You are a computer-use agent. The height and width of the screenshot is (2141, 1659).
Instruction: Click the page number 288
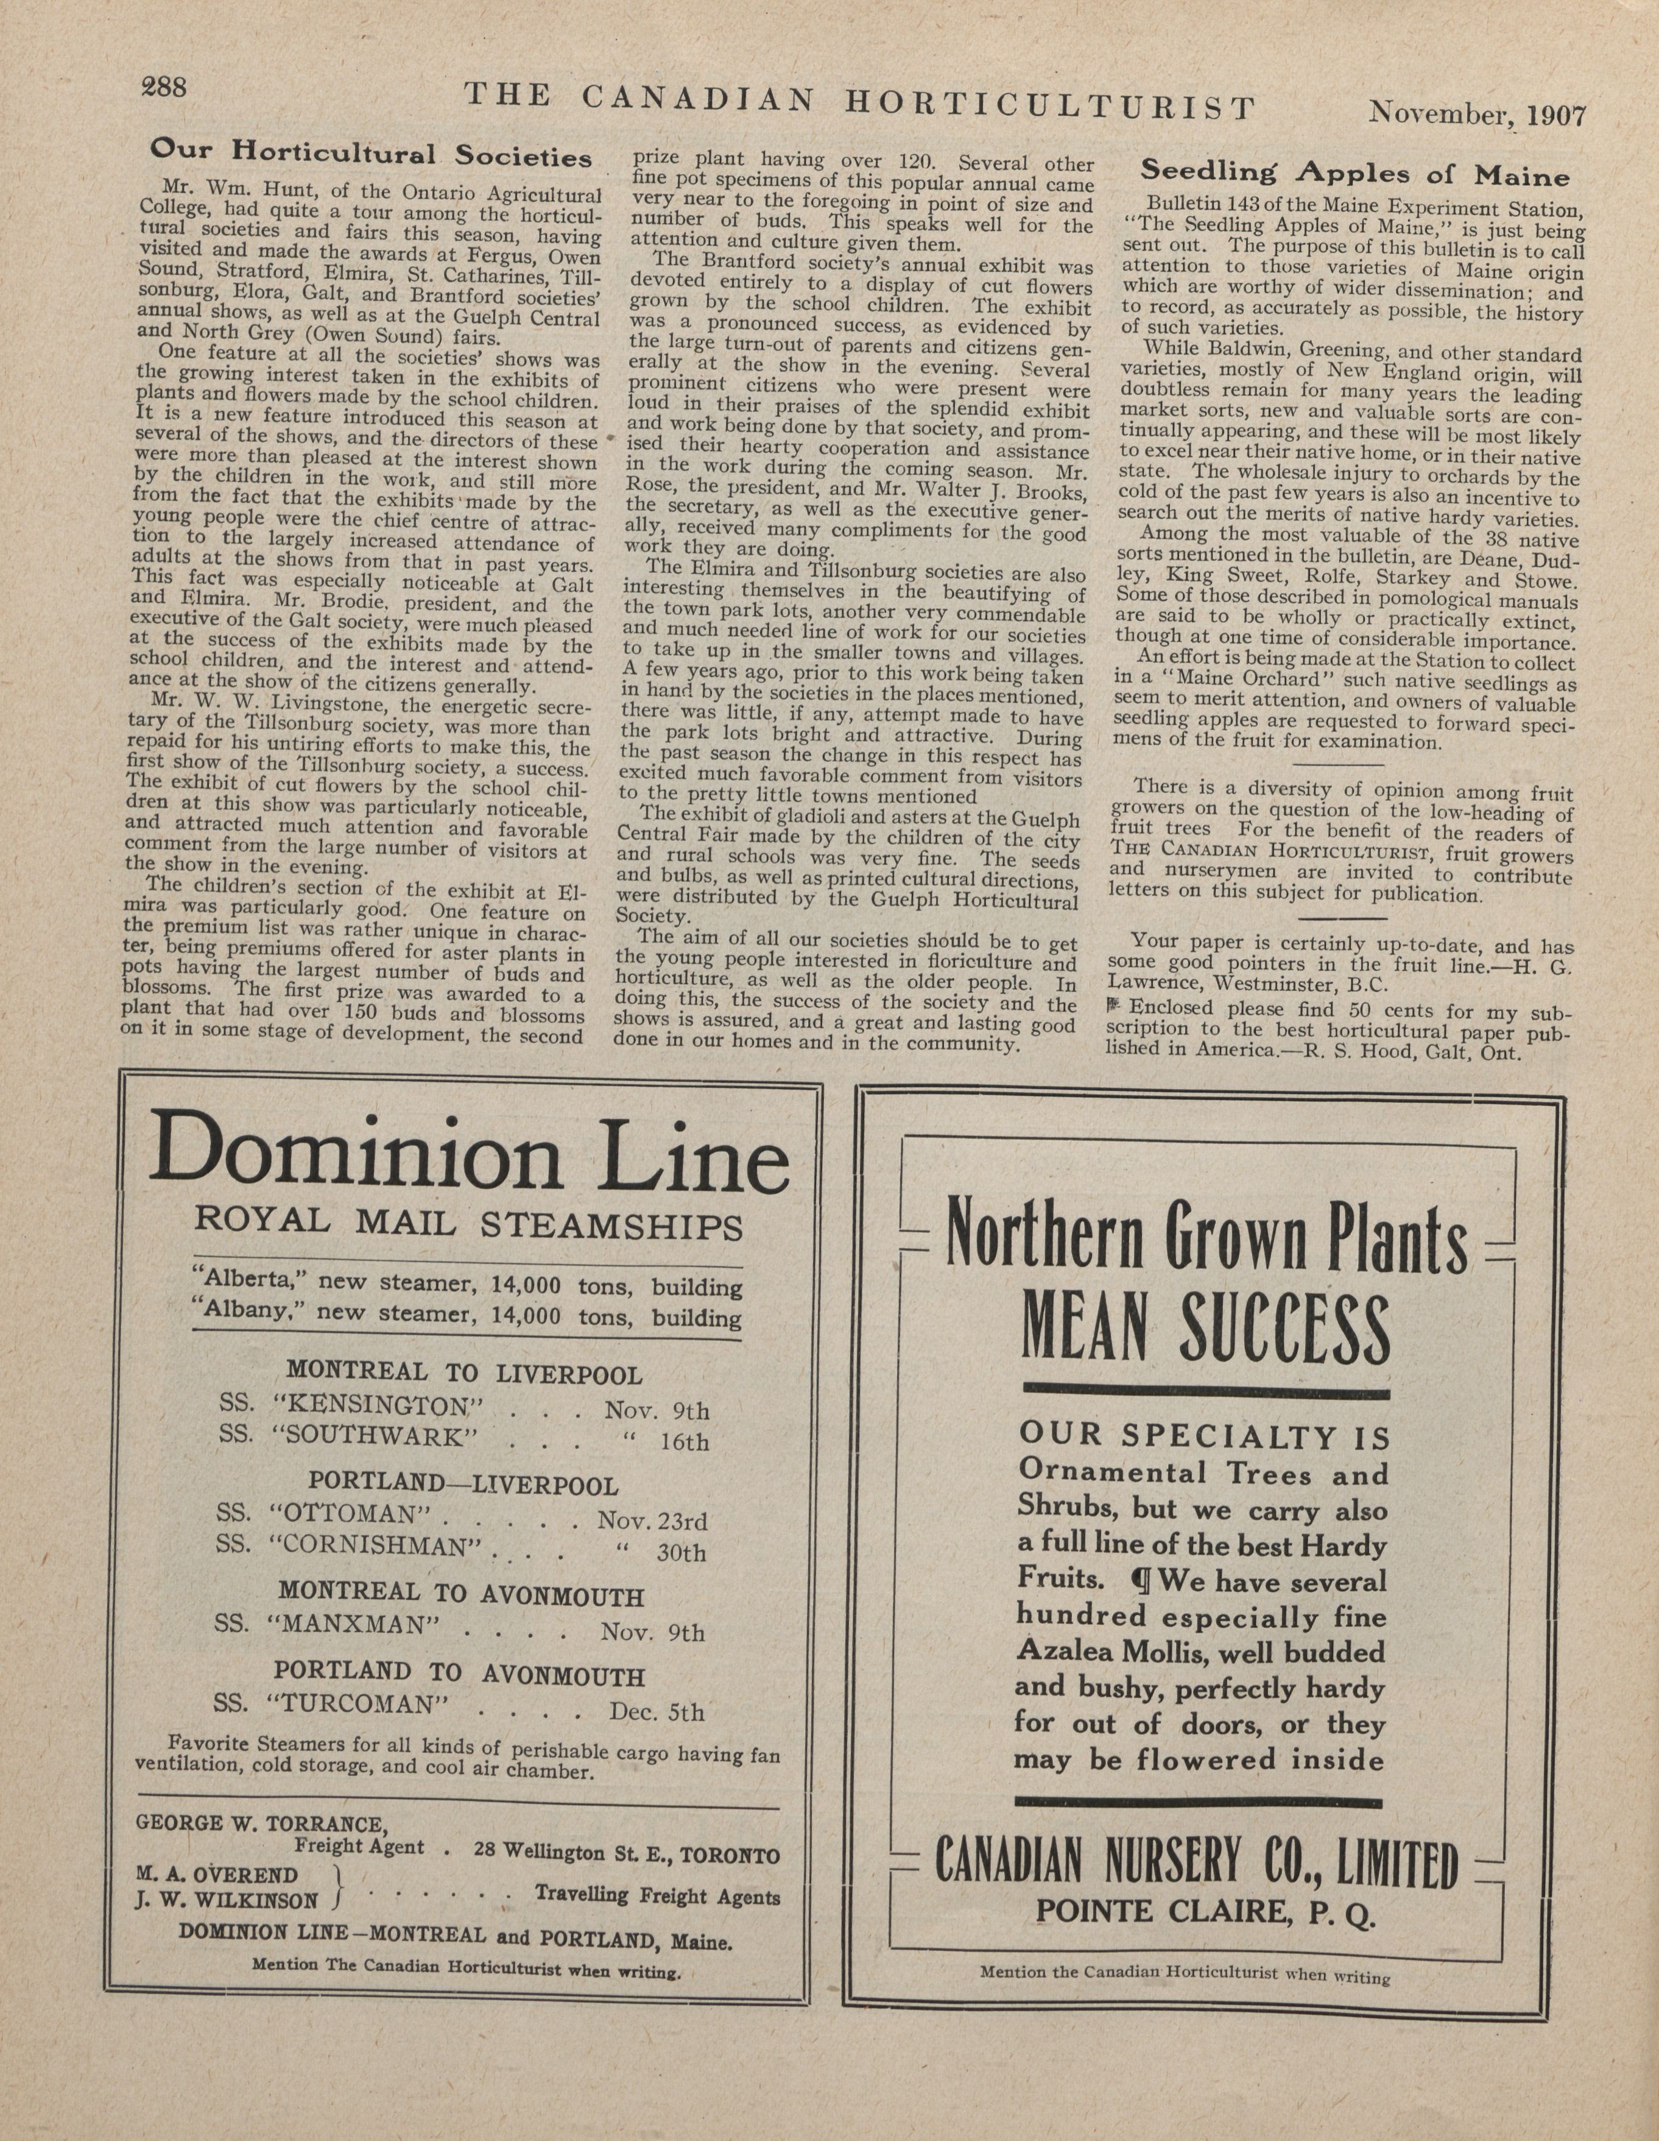164,88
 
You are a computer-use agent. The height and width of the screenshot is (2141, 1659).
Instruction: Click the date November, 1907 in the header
1477,114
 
